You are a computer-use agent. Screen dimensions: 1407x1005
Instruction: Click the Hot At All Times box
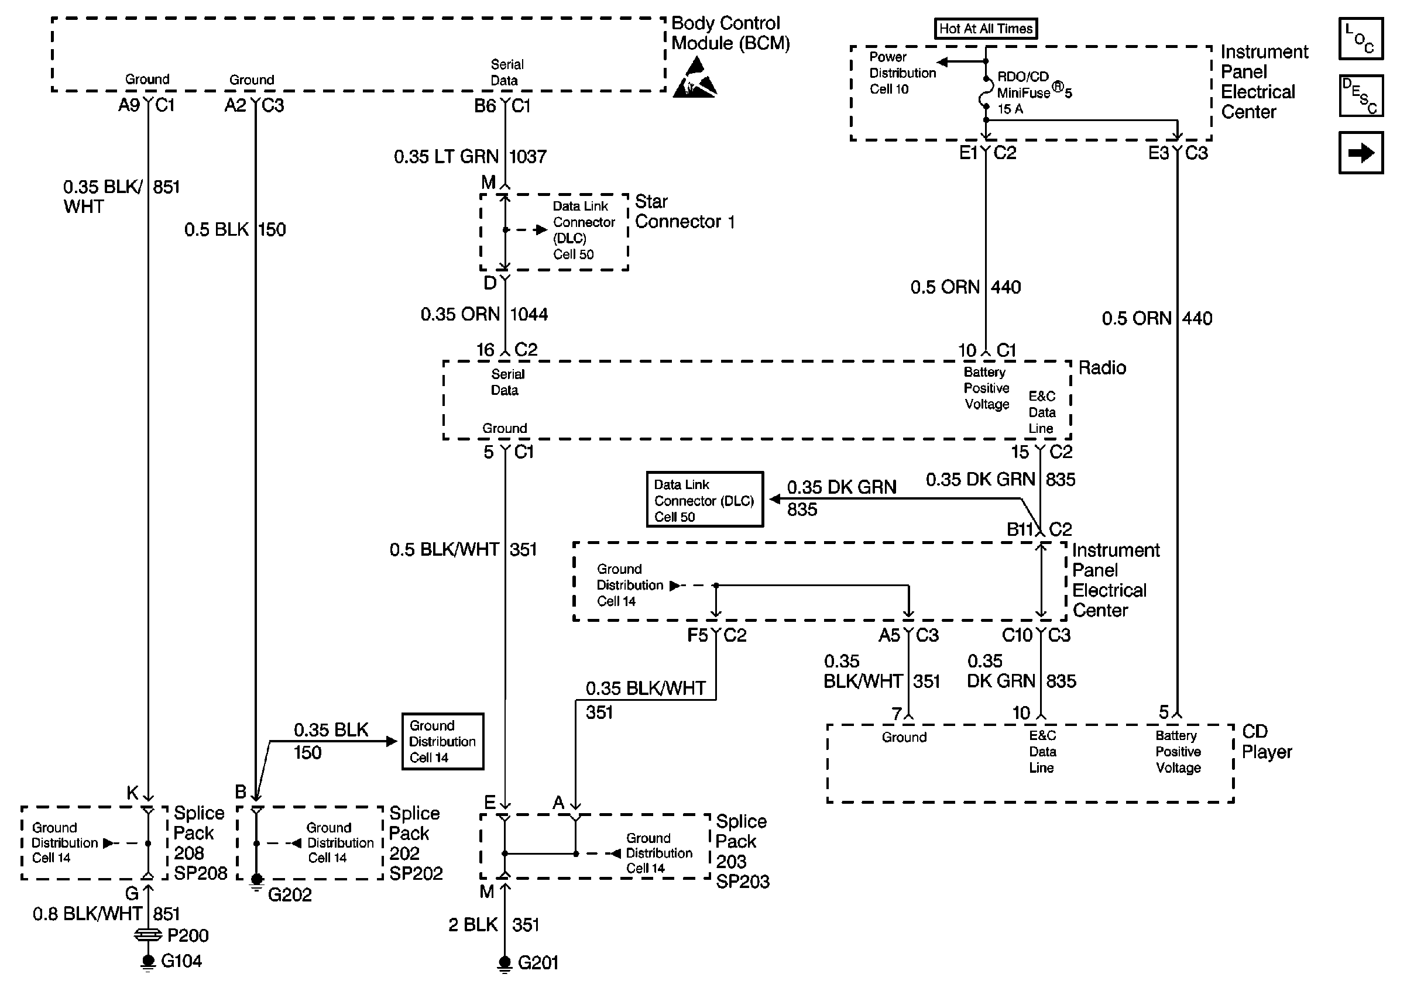(x=986, y=29)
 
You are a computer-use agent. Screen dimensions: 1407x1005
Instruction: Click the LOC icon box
(x=1361, y=39)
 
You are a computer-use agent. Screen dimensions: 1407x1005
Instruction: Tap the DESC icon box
(x=1361, y=96)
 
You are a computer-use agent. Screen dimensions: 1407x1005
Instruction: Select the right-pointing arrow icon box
(x=1361, y=153)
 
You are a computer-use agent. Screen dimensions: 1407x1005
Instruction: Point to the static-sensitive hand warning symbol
(x=695, y=77)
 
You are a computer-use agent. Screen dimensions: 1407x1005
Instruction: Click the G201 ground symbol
(x=505, y=964)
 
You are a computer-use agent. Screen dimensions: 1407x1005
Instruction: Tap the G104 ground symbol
(x=147, y=962)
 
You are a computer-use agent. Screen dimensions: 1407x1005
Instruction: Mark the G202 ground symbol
(x=256, y=881)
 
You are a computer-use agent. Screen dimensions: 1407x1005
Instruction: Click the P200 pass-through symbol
(x=147, y=935)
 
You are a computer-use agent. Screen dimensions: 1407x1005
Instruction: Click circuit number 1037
(x=528, y=157)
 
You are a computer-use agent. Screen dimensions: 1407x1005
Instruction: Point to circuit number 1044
(x=529, y=314)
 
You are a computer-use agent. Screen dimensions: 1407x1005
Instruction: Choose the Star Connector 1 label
(x=685, y=212)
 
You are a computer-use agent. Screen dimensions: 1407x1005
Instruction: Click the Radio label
(x=1102, y=367)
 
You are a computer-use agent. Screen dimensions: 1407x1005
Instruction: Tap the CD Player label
(x=1267, y=741)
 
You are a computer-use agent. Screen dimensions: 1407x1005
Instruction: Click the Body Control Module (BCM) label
(x=730, y=33)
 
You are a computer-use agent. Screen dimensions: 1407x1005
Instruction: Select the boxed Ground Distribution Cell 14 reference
(x=442, y=741)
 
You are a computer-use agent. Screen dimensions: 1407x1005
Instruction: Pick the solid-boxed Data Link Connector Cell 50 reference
(x=705, y=500)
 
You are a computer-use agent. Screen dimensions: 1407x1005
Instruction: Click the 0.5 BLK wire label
(x=216, y=229)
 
